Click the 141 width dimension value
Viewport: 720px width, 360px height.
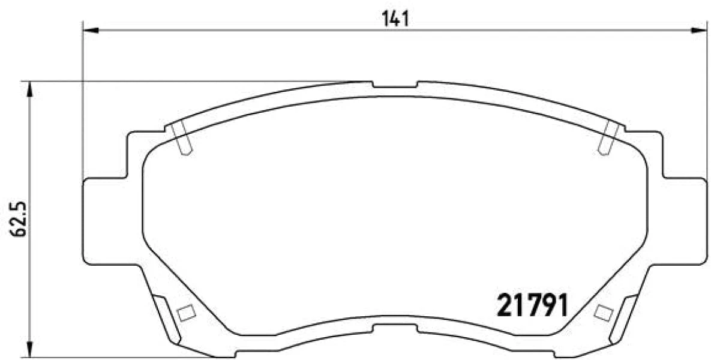pyautogui.click(x=395, y=19)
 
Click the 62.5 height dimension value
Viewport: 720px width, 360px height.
pyautogui.click(x=18, y=219)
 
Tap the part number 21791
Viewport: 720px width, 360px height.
pyautogui.click(x=533, y=305)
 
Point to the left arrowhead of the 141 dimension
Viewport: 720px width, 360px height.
pyautogui.click(x=91, y=30)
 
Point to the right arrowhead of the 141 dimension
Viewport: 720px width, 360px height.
pyautogui.click(x=699, y=30)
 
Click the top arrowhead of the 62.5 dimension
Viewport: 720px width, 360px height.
pyautogui.click(x=30, y=89)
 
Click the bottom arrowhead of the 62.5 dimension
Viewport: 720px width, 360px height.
pyautogui.click(x=30, y=349)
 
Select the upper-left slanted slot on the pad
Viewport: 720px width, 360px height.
pyautogui.click(x=181, y=138)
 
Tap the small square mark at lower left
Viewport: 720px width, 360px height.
pyautogui.click(x=187, y=313)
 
